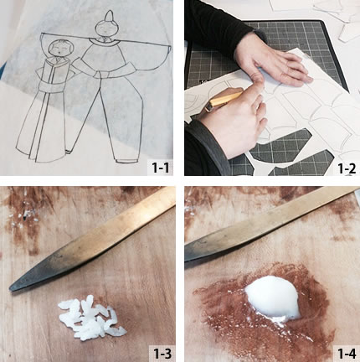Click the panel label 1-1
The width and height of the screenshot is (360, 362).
click(160, 168)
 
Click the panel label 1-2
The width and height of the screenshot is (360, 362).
click(347, 168)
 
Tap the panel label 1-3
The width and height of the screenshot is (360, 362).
click(162, 354)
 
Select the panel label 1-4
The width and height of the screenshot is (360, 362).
click(347, 354)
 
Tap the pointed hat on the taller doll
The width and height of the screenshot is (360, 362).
click(108, 16)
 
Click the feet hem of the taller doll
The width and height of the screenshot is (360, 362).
click(127, 161)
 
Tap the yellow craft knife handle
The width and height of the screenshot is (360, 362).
click(224, 100)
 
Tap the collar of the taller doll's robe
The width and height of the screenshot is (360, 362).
click(102, 43)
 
